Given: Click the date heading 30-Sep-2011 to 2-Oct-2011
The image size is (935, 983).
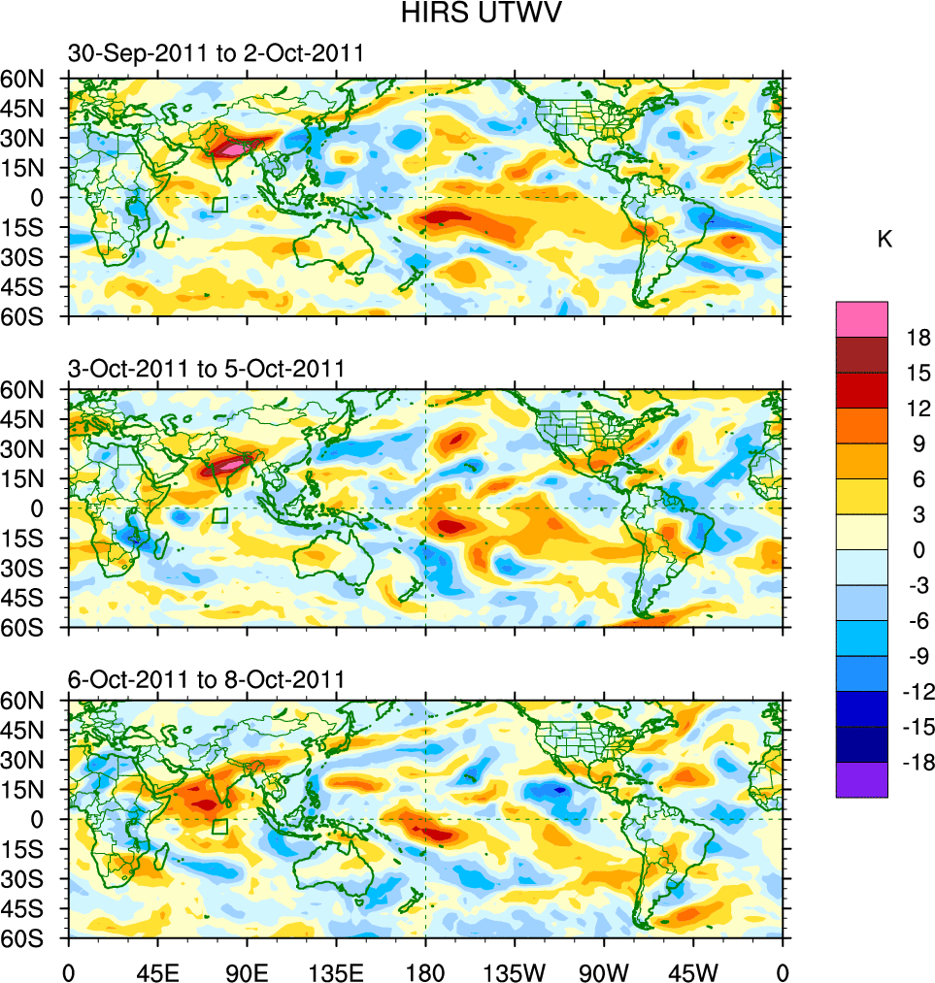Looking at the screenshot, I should pyautogui.click(x=216, y=54).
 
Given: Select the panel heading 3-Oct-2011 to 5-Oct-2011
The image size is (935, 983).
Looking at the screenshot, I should pyautogui.click(x=206, y=369).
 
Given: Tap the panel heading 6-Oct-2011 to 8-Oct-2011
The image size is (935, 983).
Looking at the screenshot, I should pyautogui.click(x=206, y=680).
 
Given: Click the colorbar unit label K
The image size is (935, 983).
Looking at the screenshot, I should pyautogui.click(x=885, y=240).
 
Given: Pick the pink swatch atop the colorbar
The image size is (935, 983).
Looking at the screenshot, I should pyautogui.click(x=861, y=318).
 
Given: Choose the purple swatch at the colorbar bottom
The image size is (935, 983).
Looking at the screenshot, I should pyautogui.click(x=861, y=779).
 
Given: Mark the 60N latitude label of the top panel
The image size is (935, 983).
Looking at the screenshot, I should pyautogui.click(x=30, y=78).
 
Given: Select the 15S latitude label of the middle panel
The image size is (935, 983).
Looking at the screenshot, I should pyautogui.click(x=30, y=538).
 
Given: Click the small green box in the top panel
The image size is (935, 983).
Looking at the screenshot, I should pyautogui.click(x=219, y=205).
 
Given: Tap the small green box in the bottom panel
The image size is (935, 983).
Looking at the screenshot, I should pyautogui.click(x=219, y=827).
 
